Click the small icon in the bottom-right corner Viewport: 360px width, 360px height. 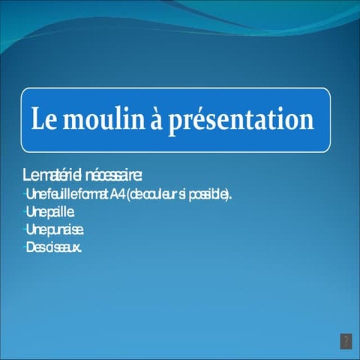(346, 341)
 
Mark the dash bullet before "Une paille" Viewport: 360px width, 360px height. (24, 212)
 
